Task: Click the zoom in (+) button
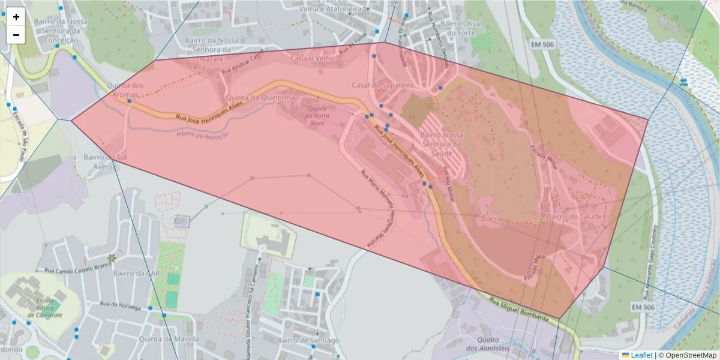[16, 17]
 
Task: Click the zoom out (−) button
[16, 35]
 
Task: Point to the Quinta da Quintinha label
[260, 97]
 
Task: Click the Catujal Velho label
[313, 59]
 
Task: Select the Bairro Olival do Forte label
[461, 28]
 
